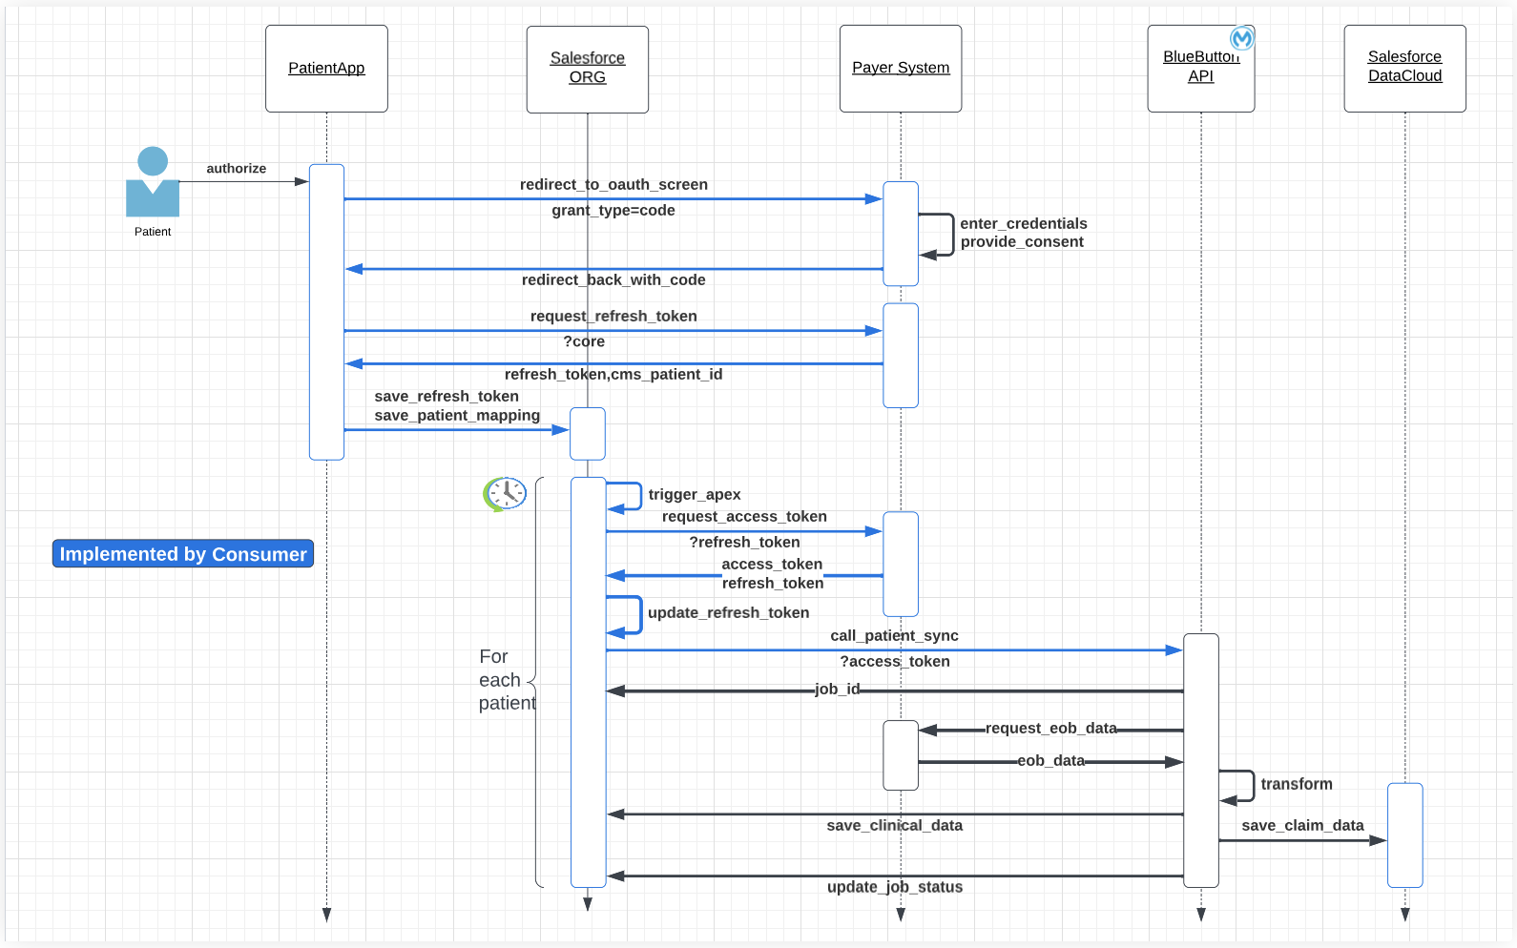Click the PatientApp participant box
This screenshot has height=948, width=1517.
click(x=326, y=69)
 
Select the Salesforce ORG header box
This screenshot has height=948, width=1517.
click(x=587, y=69)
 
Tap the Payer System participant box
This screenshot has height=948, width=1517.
click(x=900, y=69)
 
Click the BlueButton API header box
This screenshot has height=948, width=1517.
click(x=1200, y=69)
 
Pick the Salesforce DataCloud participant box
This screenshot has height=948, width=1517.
click(x=1404, y=69)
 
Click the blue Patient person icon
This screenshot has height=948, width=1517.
click(x=153, y=182)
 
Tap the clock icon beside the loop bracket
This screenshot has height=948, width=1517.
click(x=505, y=493)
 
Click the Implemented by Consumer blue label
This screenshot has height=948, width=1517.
click(x=183, y=554)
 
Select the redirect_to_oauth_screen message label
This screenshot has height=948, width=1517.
click(x=613, y=185)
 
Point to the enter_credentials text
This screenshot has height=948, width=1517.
click(x=1023, y=224)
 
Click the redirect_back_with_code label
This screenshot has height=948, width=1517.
click(x=613, y=280)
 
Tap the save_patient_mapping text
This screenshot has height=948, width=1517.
click(x=457, y=416)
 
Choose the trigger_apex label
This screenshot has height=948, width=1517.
click(x=694, y=495)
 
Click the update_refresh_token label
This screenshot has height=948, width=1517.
click(x=728, y=613)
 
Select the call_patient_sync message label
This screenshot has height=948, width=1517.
click(x=894, y=636)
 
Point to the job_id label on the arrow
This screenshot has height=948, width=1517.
click(x=837, y=690)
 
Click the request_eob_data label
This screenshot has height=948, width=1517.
click(x=1050, y=729)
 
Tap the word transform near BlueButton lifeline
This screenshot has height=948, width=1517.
click(x=1296, y=785)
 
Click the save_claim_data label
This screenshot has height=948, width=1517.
click(x=1302, y=826)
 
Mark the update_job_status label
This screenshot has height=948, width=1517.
click(x=894, y=888)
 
